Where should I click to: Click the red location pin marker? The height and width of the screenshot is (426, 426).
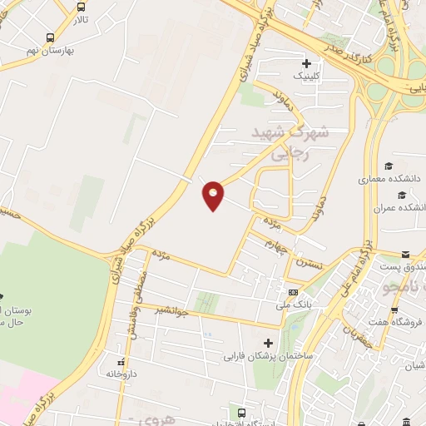214,196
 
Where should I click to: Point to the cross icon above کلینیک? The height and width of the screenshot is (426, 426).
307,63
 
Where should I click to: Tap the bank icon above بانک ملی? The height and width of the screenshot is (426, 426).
294,293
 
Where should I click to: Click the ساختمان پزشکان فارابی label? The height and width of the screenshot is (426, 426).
267,356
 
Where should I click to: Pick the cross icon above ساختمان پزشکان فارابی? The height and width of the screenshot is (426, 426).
268,342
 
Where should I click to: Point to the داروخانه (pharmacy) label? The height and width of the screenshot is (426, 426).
122,374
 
